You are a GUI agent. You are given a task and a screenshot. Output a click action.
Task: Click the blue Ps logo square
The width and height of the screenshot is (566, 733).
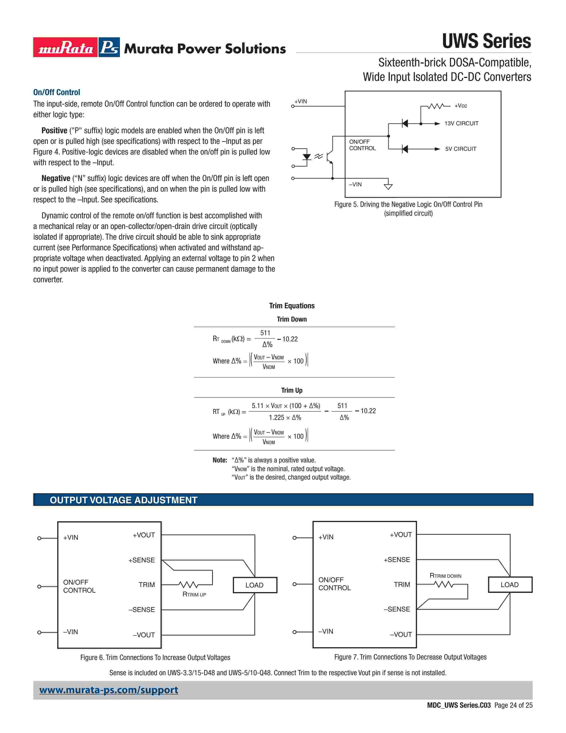coord(109,47)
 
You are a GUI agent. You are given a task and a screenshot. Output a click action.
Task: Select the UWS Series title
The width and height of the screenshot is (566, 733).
coord(486,41)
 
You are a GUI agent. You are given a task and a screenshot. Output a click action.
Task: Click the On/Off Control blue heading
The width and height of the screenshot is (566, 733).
coord(56,92)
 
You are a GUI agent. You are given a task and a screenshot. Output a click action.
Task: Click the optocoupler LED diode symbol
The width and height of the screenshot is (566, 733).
coord(307,157)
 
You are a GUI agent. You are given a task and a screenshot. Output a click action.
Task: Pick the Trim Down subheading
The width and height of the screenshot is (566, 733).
coord(291,319)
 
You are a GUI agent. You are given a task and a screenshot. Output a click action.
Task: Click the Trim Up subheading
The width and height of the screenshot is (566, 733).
coord(291,390)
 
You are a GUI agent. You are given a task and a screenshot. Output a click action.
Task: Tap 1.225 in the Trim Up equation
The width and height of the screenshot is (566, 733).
coord(277,418)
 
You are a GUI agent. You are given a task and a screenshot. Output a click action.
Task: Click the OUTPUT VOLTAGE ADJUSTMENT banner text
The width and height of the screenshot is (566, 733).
coord(123,500)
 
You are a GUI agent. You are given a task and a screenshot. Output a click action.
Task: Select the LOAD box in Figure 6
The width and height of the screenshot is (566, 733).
coord(255,585)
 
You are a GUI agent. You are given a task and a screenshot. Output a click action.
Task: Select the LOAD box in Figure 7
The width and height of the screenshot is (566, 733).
coord(510,585)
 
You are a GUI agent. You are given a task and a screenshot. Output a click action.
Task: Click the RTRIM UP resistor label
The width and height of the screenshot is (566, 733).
coord(194,594)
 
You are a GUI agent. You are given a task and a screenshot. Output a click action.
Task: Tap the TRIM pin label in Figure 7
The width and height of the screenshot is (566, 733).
coord(402,585)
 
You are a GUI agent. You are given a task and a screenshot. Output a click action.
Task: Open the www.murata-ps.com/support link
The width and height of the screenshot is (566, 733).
coord(109,690)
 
